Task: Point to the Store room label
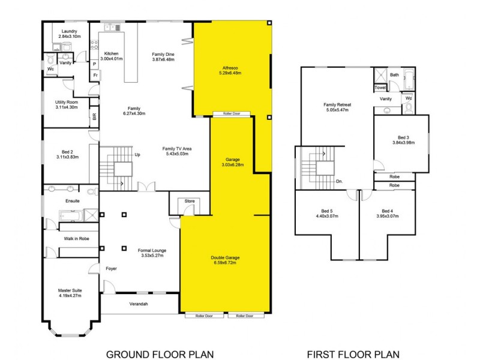[x=190, y=202]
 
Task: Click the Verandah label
[x=139, y=304]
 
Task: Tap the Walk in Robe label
[x=77, y=239]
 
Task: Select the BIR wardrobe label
[x=95, y=118]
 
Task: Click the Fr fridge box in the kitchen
[x=95, y=75]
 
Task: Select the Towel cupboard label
[x=381, y=88]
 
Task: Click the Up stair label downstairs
[x=137, y=155]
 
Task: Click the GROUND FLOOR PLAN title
[x=160, y=354]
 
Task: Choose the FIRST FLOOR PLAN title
[x=353, y=354]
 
